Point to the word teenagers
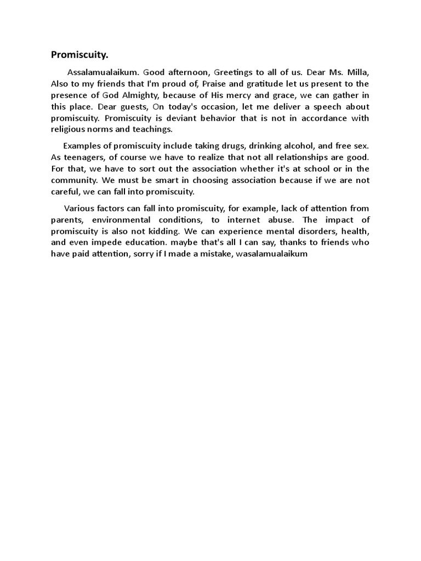(x=83, y=157)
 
